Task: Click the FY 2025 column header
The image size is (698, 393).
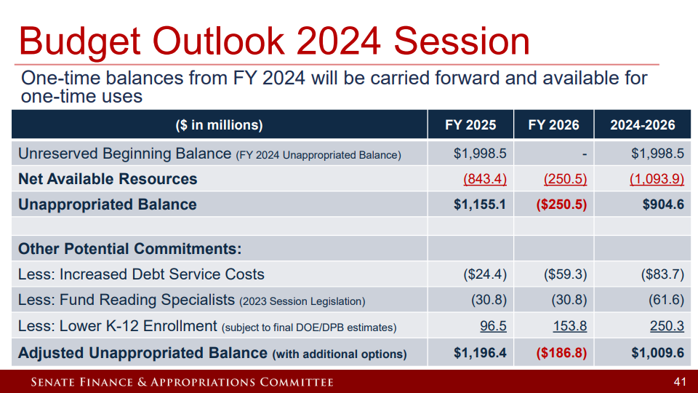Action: click(x=470, y=124)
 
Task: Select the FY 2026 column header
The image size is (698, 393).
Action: click(x=553, y=124)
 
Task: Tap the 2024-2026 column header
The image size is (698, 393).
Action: click(x=642, y=124)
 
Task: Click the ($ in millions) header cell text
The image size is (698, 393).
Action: click(x=219, y=124)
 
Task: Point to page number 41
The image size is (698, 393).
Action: click(x=680, y=381)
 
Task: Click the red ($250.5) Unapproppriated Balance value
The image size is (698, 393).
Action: click(x=561, y=205)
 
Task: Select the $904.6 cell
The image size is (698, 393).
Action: click(x=663, y=205)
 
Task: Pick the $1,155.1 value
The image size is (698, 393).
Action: click(x=480, y=205)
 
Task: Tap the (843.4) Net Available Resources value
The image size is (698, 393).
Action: click(x=485, y=179)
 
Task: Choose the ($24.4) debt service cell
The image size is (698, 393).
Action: click(x=485, y=274)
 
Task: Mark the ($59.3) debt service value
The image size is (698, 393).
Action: click(x=566, y=274)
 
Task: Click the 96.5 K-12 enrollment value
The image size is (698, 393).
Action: click(x=493, y=326)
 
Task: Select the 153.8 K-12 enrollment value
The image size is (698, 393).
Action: click(x=570, y=326)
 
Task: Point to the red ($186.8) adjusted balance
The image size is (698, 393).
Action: click(x=561, y=353)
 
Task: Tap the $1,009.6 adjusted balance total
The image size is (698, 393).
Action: click(x=657, y=353)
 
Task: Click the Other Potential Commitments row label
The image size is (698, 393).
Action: click(x=129, y=249)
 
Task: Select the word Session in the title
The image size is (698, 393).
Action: click(x=462, y=41)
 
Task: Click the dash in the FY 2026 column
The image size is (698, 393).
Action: click(x=584, y=154)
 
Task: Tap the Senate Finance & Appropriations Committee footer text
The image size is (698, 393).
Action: click(x=182, y=382)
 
